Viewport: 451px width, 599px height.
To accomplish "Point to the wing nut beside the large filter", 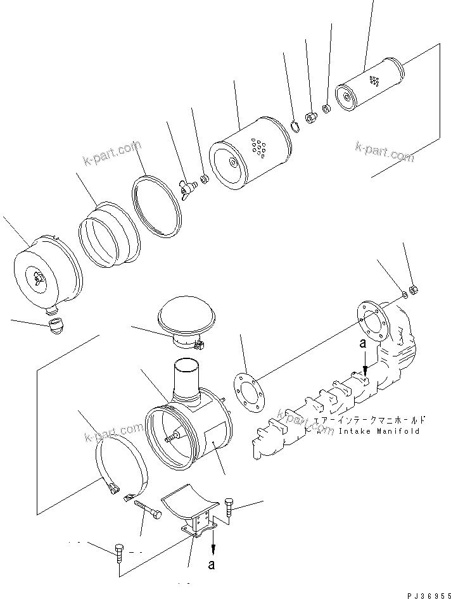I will coord(186,187).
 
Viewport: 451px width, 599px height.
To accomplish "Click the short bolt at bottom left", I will coord(120,553).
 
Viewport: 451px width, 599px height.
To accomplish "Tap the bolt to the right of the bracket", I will coord(229,508).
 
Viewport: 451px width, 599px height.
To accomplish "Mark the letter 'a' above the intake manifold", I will coord(362,344).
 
